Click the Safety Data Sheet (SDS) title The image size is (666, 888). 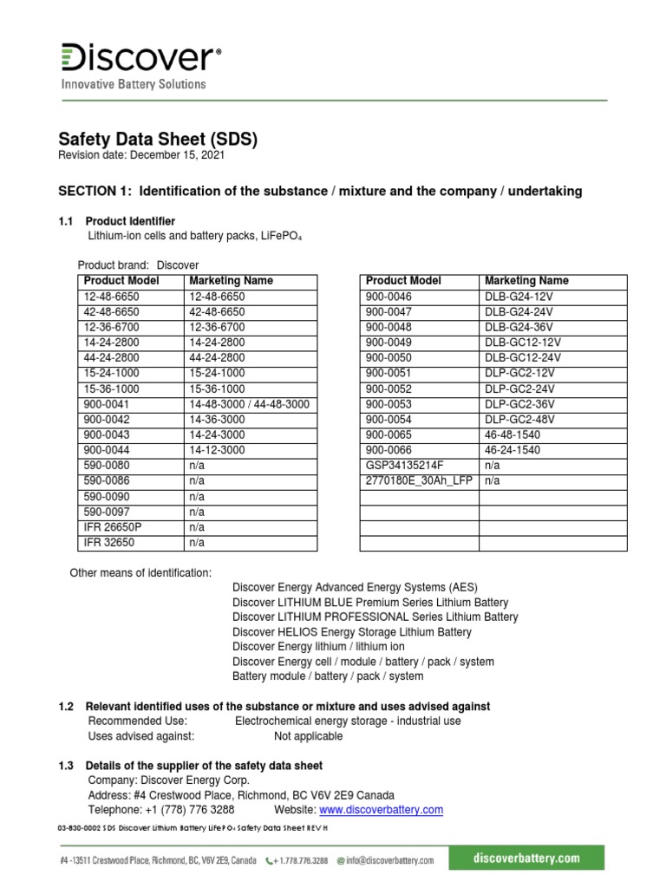coord(158,139)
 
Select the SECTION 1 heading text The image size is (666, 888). coord(320,190)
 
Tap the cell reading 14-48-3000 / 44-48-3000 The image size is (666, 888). coord(249,405)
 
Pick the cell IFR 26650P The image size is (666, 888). coord(114,526)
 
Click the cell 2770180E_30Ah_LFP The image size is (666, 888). coord(419,480)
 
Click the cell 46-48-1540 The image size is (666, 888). coord(513,434)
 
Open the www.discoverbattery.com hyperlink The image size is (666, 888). coord(382,810)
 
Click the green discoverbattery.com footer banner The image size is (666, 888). coord(526,859)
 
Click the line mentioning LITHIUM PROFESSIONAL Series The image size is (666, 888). coord(375,617)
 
